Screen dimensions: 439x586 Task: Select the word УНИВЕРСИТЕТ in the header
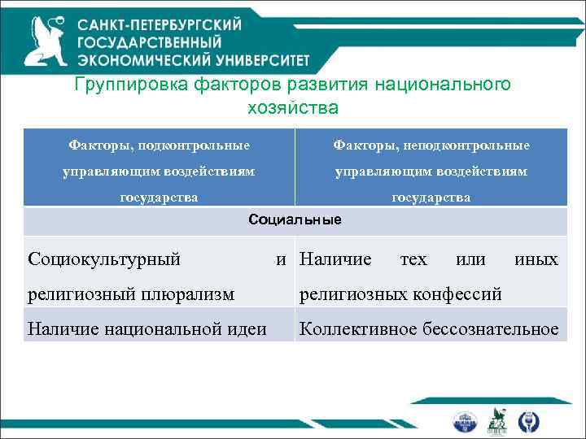click(252, 59)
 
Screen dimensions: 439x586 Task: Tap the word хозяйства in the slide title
click(291, 106)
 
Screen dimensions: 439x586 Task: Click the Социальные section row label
click(295, 220)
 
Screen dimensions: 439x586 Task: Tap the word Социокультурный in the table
click(103, 259)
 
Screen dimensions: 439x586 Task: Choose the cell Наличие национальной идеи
click(147, 328)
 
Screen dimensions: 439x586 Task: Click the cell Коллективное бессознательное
click(429, 328)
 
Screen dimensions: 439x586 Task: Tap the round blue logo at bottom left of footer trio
click(466, 420)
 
